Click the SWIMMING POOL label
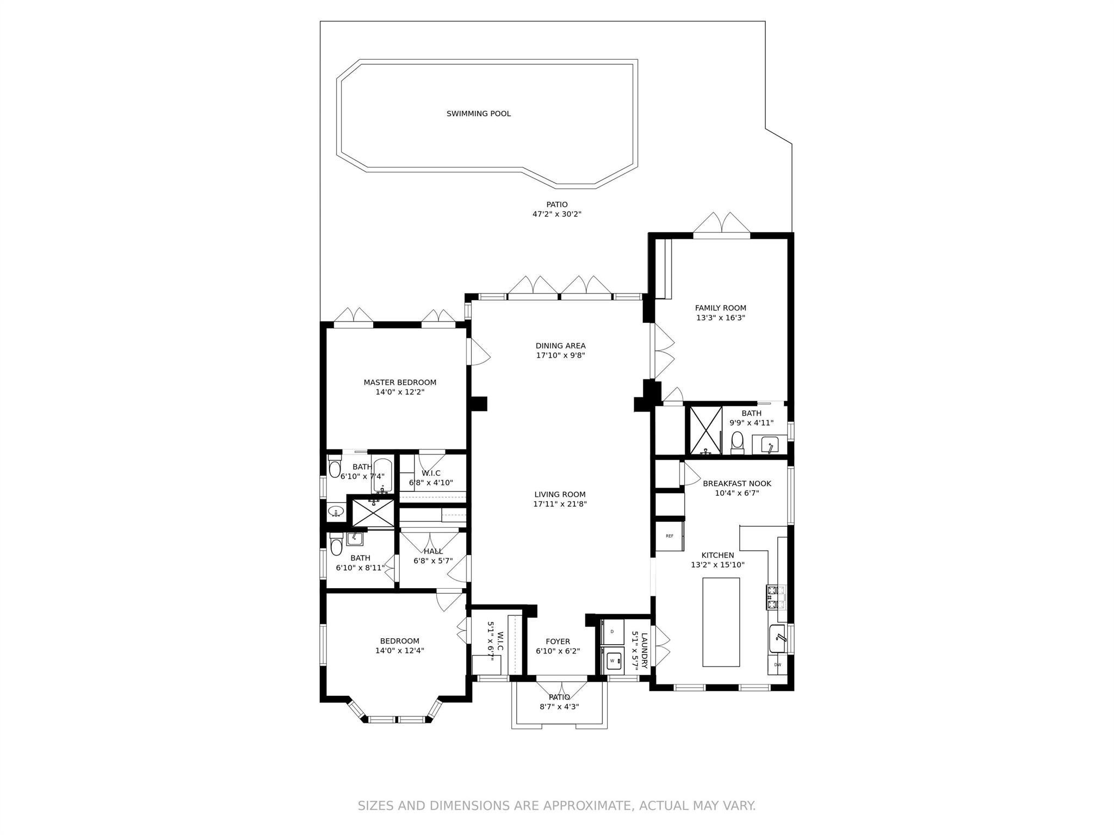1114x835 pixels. (x=478, y=114)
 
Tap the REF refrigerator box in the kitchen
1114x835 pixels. (x=669, y=536)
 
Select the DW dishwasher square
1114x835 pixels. (x=777, y=664)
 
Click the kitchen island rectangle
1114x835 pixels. (x=721, y=622)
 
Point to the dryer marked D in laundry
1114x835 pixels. (x=612, y=631)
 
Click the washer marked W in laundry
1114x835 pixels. (x=613, y=660)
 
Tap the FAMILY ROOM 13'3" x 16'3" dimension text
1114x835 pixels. (x=720, y=318)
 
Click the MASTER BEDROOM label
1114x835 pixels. (x=400, y=382)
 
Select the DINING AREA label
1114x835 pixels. (x=560, y=346)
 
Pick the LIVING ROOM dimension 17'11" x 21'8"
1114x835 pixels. (x=560, y=504)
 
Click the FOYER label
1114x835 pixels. (x=558, y=641)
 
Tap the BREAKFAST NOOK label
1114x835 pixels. (x=737, y=483)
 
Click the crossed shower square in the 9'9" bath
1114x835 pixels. (x=705, y=429)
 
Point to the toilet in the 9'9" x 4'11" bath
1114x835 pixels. (x=738, y=441)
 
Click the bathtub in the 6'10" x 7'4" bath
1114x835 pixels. (x=382, y=474)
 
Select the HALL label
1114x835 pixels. (x=433, y=551)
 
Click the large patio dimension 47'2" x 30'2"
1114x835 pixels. (x=556, y=214)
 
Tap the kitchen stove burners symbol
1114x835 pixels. (x=776, y=596)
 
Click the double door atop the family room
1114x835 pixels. (x=721, y=225)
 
